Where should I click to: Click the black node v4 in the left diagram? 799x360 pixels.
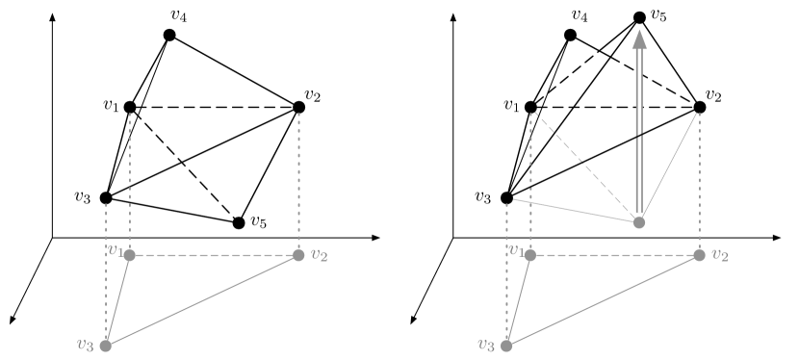tap(169, 35)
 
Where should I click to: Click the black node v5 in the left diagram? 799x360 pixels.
tap(239, 223)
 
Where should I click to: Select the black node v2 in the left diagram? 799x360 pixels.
tap(298, 107)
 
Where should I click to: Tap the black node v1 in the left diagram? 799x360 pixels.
tap(129, 107)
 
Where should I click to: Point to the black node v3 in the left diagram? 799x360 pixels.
tap(106, 197)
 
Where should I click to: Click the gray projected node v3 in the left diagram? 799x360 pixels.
tap(106, 346)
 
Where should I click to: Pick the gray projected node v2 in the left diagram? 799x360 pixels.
tap(298, 255)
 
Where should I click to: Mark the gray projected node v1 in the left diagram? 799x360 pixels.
tap(129, 255)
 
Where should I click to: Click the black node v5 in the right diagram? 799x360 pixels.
tap(639, 17)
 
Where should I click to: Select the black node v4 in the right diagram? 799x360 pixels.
tap(570, 35)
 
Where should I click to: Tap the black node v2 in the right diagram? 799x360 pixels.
tap(699, 107)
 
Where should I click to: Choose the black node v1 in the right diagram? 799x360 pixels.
tap(529, 107)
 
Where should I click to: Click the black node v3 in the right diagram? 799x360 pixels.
tap(506, 197)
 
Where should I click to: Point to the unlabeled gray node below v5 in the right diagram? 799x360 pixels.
tap(639, 223)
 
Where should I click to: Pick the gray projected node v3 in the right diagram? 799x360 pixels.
tap(506, 346)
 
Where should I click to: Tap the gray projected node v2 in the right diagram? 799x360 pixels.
tap(699, 255)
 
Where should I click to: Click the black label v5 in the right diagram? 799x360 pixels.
tap(659, 16)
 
